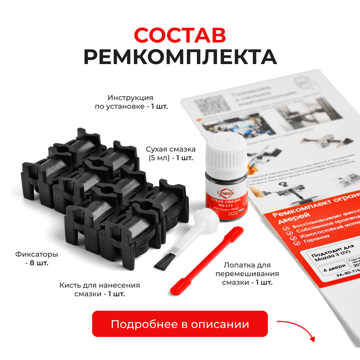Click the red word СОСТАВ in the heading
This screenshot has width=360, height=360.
pyautogui.click(x=180, y=35)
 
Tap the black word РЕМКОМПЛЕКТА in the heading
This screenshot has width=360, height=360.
pyautogui.click(x=180, y=57)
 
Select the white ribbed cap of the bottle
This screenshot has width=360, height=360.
pyautogui.click(x=226, y=152)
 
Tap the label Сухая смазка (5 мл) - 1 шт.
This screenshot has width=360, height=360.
pyautogui.click(x=171, y=153)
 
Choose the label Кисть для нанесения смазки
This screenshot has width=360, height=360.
pyautogui.click(x=100, y=289)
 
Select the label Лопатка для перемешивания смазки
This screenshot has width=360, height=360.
pyautogui.click(x=247, y=274)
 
